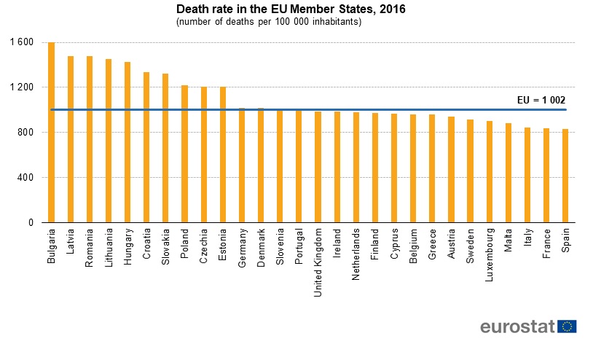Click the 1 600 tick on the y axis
pyautogui.click(x=23, y=42)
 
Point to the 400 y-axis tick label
pyautogui.click(x=27, y=178)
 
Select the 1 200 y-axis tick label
pyautogui.click(x=23, y=87)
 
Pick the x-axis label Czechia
pyautogui.click(x=204, y=246)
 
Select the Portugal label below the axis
pyautogui.click(x=299, y=247)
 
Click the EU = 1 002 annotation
pyautogui.click(x=536, y=101)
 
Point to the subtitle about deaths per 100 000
pyautogui.click(x=269, y=22)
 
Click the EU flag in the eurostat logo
pyautogui.click(x=567, y=326)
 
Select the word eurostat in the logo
pyautogui.click(x=517, y=326)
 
